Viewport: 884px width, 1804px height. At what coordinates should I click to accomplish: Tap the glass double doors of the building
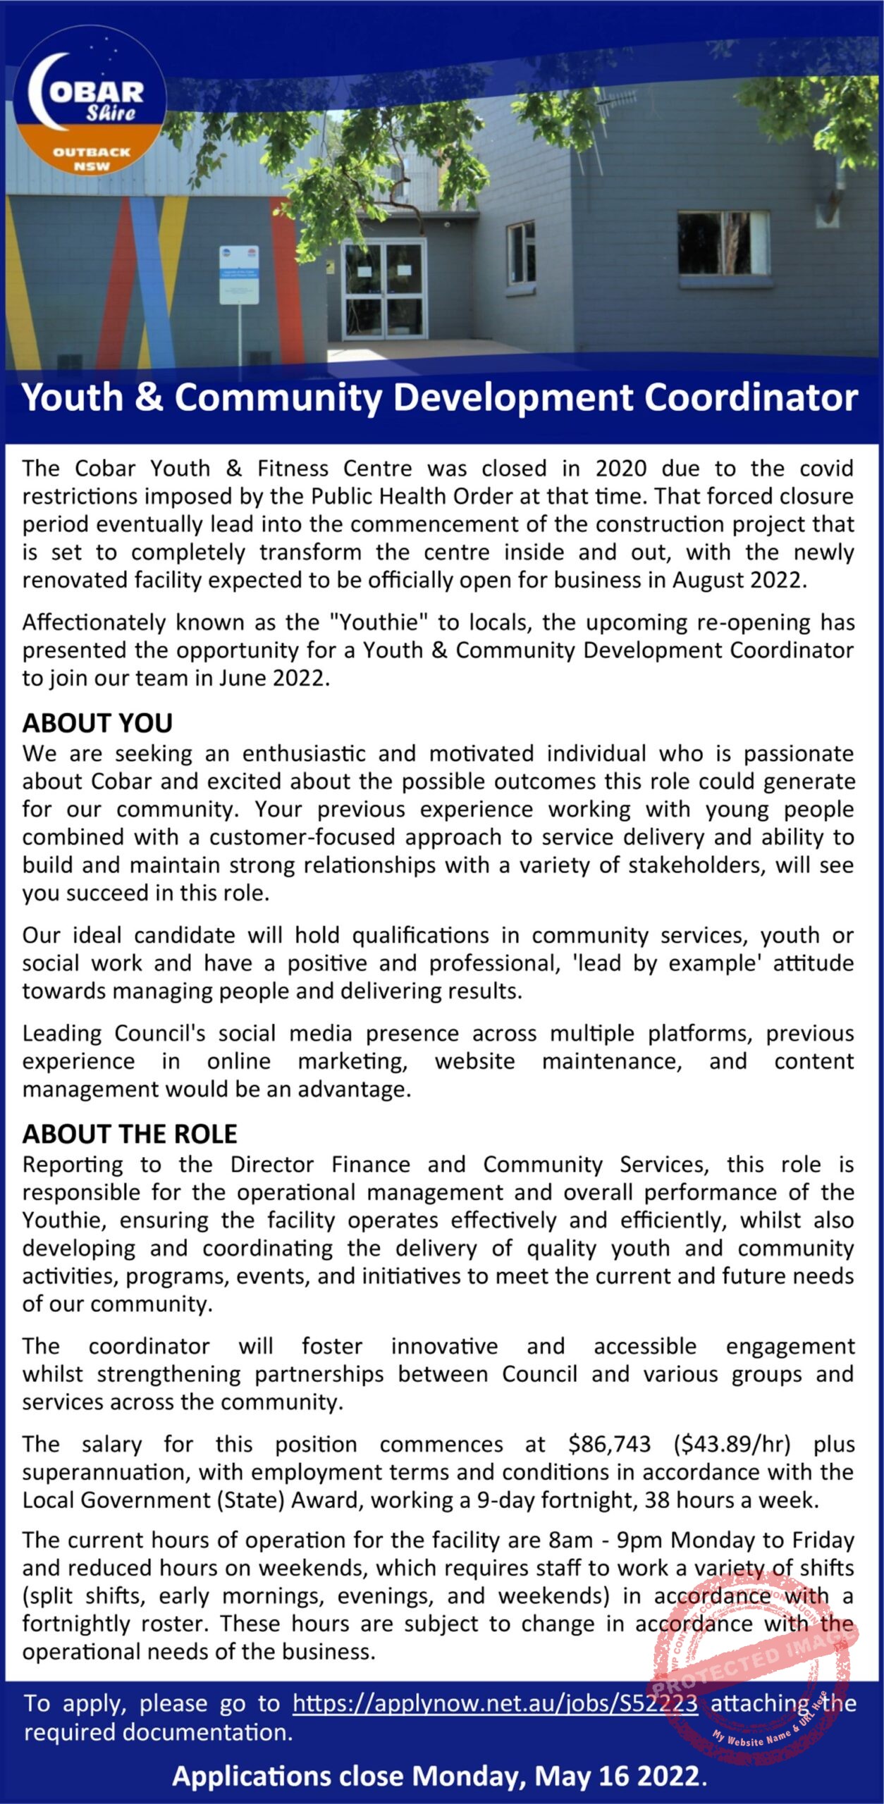(x=384, y=289)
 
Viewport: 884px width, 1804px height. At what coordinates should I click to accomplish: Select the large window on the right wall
(x=723, y=243)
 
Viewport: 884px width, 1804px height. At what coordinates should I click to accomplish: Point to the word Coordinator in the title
(x=751, y=398)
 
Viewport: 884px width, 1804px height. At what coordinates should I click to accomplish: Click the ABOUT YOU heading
(x=97, y=724)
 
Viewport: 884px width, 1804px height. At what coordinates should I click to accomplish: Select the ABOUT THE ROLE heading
(x=130, y=1134)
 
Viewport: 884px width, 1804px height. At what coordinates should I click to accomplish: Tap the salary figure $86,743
(x=609, y=1445)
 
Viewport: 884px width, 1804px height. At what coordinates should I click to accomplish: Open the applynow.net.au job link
(x=495, y=1703)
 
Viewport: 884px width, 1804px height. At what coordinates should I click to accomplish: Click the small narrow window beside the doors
(x=521, y=252)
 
